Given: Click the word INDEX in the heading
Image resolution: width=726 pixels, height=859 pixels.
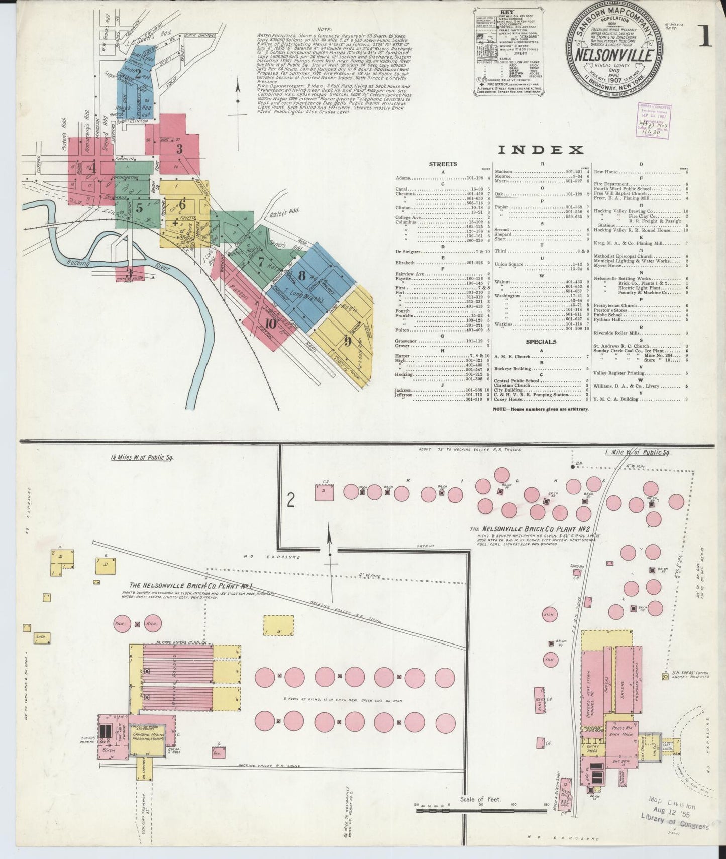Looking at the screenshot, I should coord(541,149).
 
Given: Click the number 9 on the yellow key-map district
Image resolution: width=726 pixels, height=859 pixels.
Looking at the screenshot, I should coord(347,341).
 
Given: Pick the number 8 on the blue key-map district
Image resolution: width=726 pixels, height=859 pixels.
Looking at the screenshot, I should coord(302,275).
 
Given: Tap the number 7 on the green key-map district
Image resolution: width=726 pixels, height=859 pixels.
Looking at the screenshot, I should coord(261,261).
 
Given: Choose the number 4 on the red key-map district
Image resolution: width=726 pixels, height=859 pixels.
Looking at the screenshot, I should coord(92,168).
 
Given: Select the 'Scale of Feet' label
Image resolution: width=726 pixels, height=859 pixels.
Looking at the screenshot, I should coord(480,799).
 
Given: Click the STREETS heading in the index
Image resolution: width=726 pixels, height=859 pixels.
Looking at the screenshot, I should coord(443,164).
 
